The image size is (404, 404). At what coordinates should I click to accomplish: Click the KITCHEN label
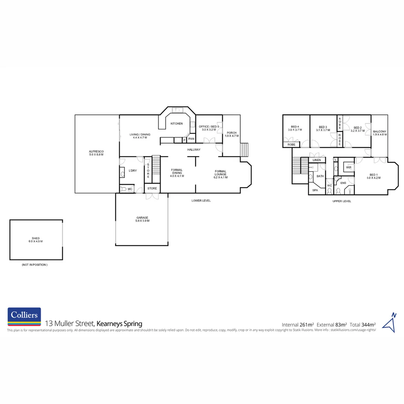pos(177,123)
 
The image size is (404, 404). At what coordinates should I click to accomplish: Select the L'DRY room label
pos(132,171)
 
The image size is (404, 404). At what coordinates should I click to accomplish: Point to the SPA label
pos(315,190)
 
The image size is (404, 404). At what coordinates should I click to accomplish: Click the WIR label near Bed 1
pos(349,168)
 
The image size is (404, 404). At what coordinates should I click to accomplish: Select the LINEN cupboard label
pos(317,160)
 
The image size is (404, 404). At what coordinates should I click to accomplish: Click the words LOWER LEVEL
pos(201,201)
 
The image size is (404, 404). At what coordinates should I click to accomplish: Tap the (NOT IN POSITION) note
pos(34,265)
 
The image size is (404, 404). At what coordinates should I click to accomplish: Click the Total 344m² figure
pos(362,324)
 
